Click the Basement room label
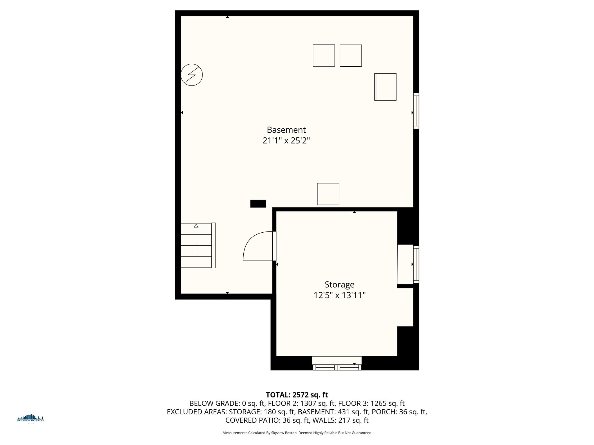[x=286, y=130]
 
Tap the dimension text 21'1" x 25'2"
[x=286, y=141]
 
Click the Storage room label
[x=339, y=284]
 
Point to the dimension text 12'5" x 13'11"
[x=339, y=295]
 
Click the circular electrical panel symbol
[x=191, y=75]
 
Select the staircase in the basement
[x=197, y=246]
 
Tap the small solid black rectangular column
[x=258, y=204]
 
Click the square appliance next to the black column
[x=328, y=194]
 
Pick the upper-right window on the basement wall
[x=416, y=111]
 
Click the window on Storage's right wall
[x=416, y=264]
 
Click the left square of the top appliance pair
[x=324, y=55]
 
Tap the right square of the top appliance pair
[x=351, y=55]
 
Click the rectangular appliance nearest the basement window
[x=385, y=87]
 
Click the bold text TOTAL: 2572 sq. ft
[x=297, y=395]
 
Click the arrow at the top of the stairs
[x=196, y=226]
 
